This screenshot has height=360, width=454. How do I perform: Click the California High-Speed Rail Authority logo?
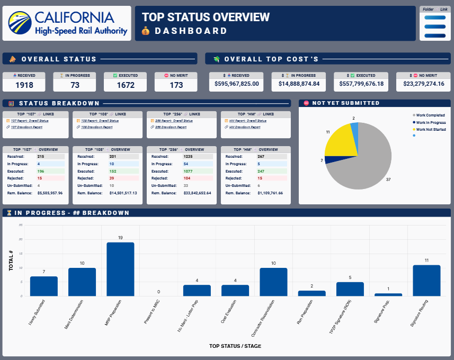67,24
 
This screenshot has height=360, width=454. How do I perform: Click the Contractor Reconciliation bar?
273,282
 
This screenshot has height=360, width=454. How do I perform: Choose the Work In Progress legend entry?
430,122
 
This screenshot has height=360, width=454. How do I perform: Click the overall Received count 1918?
24,85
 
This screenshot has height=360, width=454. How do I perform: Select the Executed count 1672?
126,85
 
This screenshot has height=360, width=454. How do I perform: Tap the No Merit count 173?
176,85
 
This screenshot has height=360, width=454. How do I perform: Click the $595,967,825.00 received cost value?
237,84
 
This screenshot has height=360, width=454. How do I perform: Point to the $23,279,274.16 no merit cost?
424,84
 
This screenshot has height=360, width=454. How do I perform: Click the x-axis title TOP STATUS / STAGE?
235,346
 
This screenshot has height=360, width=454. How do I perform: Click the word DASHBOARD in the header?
191,31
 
